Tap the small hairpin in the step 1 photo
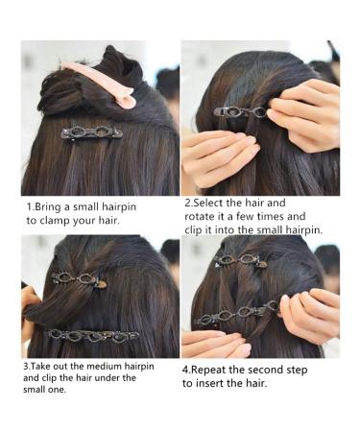tap(91, 132)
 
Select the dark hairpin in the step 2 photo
tap(240, 111)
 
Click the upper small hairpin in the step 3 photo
tap(80, 278)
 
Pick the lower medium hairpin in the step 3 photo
tap(94, 335)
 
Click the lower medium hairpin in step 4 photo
tap(235, 316)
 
